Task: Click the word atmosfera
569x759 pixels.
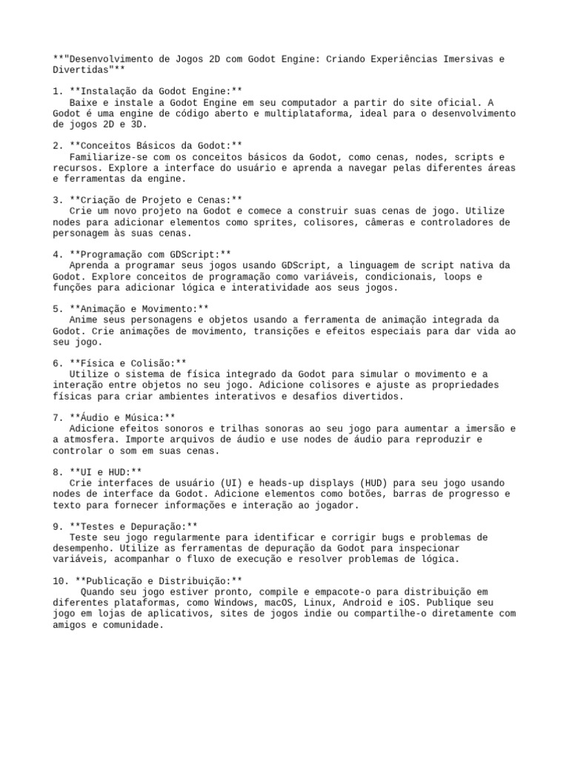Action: tap(88, 440)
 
